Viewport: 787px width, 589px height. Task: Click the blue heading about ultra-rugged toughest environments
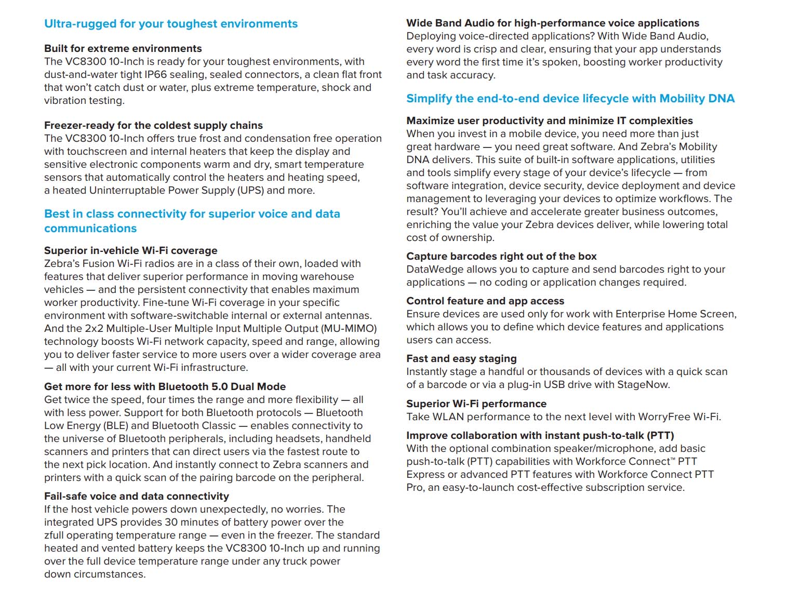(x=170, y=24)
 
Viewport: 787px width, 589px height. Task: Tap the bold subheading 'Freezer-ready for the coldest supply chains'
(x=153, y=125)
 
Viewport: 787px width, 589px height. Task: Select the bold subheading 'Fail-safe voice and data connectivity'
(x=136, y=496)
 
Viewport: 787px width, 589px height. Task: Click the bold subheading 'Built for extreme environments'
(x=123, y=48)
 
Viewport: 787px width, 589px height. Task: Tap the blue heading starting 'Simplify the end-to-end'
(x=570, y=99)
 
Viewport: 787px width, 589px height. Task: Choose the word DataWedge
(x=432, y=269)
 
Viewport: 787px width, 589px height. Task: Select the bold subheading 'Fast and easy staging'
(x=461, y=358)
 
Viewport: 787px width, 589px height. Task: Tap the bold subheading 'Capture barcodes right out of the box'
(x=501, y=256)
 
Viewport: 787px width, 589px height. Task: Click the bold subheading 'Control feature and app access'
(x=485, y=301)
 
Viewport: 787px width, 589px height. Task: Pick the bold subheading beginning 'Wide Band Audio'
(x=552, y=23)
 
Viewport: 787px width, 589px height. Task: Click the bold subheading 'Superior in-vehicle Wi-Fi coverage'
(x=130, y=250)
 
